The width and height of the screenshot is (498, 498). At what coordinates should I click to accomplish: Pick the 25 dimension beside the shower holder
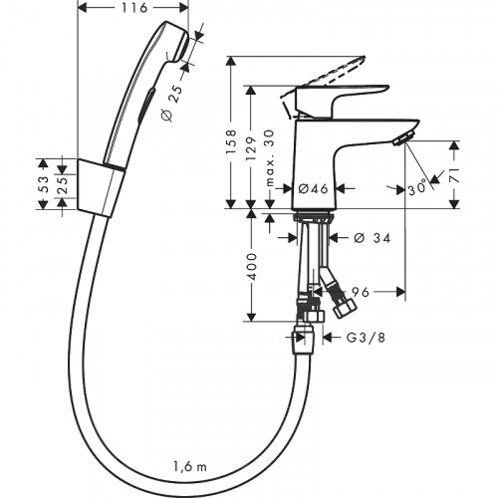[x=61, y=183]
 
